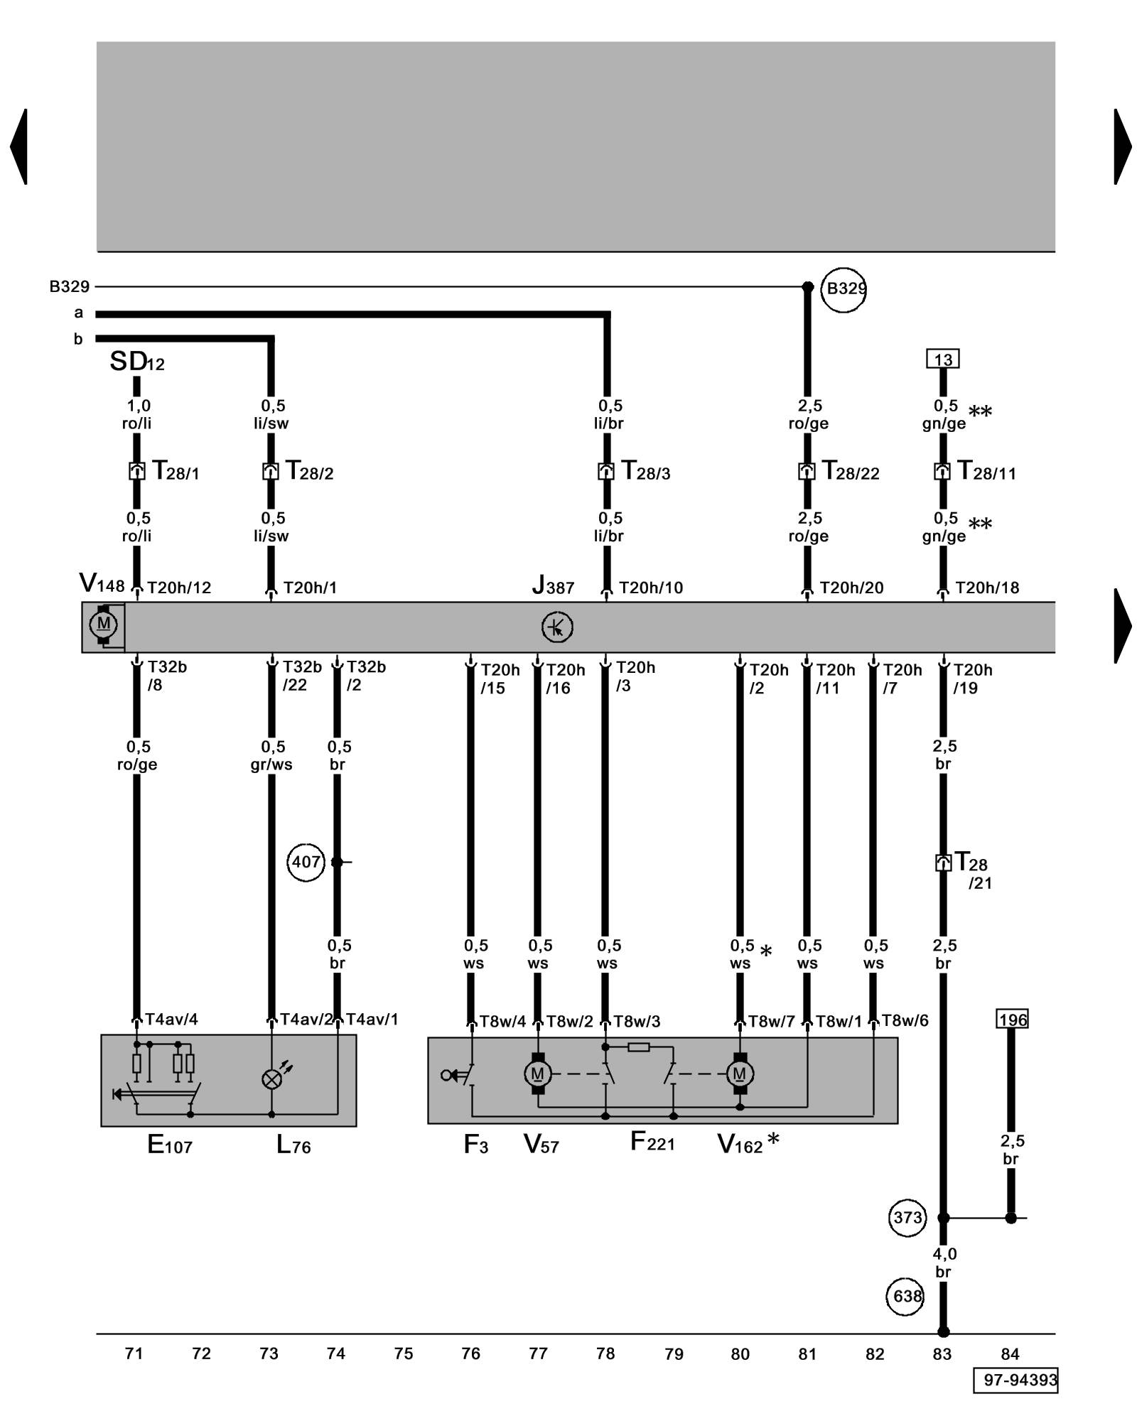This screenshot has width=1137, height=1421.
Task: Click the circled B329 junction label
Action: (844, 289)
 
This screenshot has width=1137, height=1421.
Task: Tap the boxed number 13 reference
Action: (942, 360)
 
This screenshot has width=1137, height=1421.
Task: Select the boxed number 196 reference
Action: (1012, 1020)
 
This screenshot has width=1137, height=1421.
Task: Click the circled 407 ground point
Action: (306, 862)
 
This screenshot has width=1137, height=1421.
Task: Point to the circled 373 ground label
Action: (907, 1217)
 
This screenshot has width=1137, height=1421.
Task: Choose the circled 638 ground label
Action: (906, 1296)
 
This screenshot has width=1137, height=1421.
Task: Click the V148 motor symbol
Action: (104, 625)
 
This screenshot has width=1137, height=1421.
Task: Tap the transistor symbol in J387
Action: (557, 627)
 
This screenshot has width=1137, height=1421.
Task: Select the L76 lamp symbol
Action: (271, 1079)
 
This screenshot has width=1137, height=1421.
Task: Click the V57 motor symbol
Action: (538, 1074)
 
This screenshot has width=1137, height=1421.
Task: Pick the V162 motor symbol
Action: (740, 1074)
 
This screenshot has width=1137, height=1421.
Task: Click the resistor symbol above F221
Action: (639, 1047)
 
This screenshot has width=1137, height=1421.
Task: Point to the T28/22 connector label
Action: (851, 471)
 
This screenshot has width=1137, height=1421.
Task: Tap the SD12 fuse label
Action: (136, 362)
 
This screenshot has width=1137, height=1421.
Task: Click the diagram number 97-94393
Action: (1015, 1380)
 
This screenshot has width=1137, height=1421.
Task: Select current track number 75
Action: (404, 1354)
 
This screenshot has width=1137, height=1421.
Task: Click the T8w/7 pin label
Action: (771, 1022)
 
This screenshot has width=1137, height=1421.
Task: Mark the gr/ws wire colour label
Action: (271, 764)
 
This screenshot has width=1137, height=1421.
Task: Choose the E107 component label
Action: (169, 1145)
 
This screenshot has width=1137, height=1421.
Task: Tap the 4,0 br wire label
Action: (944, 1263)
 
